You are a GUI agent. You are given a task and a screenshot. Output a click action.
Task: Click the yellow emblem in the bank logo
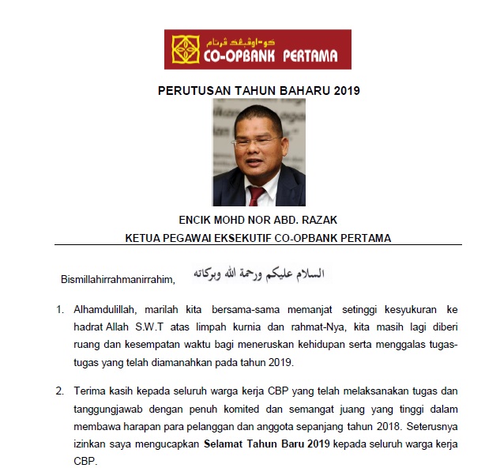pyautogui.click(x=185, y=49)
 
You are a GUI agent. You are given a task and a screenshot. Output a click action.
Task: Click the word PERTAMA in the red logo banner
pyautogui.click(x=307, y=56)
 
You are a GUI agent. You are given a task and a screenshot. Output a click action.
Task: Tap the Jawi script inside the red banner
pyautogui.click(x=269, y=41)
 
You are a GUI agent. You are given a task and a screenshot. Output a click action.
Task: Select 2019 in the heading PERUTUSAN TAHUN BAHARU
pyautogui.click(x=344, y=90)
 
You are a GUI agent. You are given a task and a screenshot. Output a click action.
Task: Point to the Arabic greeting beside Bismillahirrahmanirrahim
pyautogui.click(x=258, y=274)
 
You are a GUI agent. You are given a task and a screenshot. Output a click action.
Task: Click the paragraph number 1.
pyautogui.click(x=60, y=309)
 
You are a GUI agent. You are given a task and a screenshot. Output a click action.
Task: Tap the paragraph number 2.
pyautogui.click(x=60, y=391)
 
